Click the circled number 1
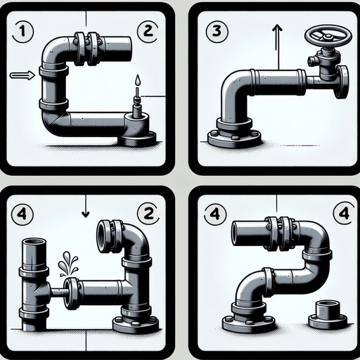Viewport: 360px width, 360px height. coord(23,30)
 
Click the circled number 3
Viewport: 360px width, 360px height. coord(216,30)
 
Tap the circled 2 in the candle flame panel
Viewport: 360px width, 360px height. coord(148,30)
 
